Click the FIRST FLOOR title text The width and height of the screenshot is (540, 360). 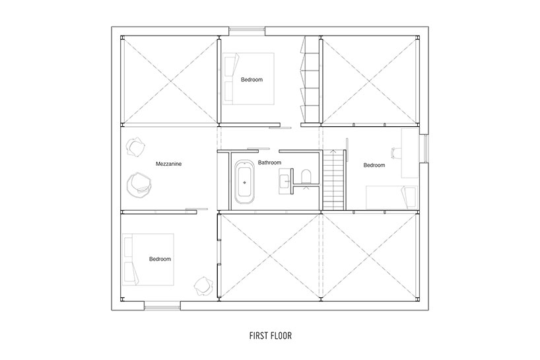271,336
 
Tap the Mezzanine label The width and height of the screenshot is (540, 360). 168,164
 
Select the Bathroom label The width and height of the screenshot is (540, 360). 269,162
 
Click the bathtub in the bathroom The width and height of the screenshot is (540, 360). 245,182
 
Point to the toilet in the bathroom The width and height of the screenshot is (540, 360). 306,176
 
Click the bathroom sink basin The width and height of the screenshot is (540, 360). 285,180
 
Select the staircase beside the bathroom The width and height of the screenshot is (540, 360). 334,180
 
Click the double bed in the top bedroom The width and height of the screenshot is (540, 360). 248,79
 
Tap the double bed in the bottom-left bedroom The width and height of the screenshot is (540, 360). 148,260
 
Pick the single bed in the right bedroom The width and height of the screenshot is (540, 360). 391,198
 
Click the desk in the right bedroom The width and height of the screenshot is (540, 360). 410,153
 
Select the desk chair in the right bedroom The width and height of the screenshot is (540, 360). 396,153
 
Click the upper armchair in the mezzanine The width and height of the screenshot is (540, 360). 135,147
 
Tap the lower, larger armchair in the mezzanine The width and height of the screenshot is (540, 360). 139,186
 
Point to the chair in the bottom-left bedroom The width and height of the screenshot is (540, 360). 204,285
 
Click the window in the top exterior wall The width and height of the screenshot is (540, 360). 248,31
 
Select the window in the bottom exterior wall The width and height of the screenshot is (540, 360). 162,306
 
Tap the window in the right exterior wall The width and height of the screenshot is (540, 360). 424,149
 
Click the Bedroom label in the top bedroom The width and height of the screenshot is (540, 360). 252,79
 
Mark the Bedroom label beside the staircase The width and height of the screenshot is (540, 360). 374,165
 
